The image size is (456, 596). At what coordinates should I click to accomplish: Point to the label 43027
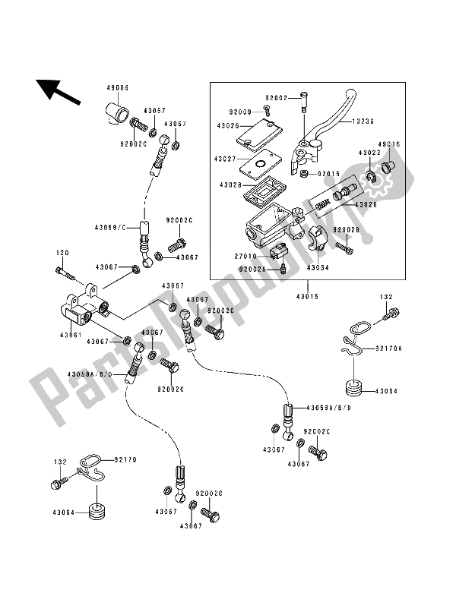coord(226,159)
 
